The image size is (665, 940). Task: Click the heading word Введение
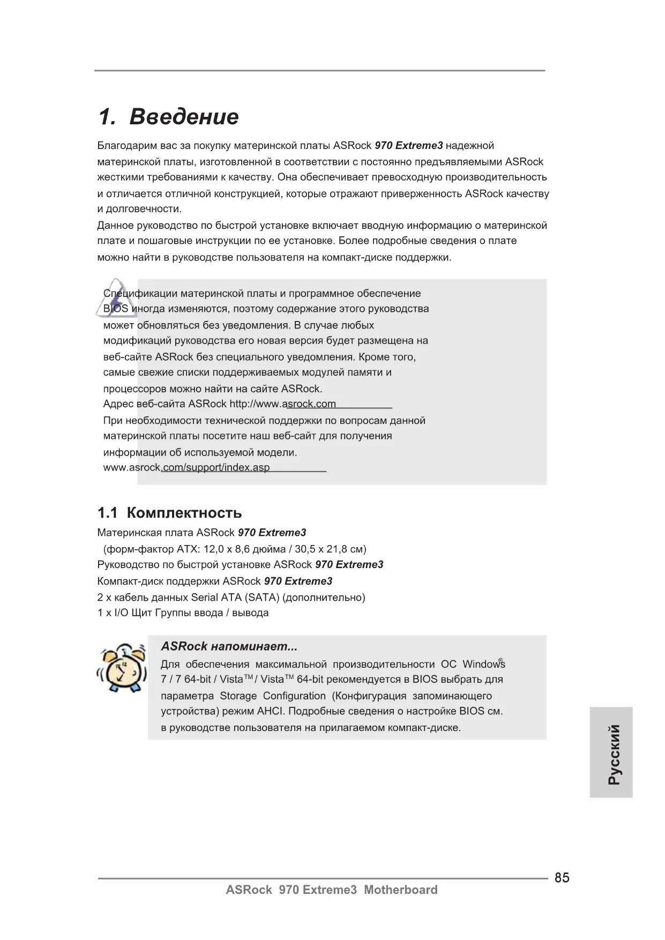point(184,117)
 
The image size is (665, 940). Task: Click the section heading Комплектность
point(184,513)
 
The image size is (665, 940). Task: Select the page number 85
point(562,878)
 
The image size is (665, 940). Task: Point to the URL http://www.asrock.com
point(282,404)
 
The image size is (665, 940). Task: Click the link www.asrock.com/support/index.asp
point(186,467)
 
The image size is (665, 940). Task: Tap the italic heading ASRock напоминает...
point(229,646)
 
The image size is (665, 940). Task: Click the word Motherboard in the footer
point(400,890)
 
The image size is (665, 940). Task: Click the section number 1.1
point(107,513)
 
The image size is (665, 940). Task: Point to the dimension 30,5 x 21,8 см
point(331,549)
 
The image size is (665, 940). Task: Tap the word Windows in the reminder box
point(483,665)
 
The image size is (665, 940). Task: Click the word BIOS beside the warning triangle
point(115,309)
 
